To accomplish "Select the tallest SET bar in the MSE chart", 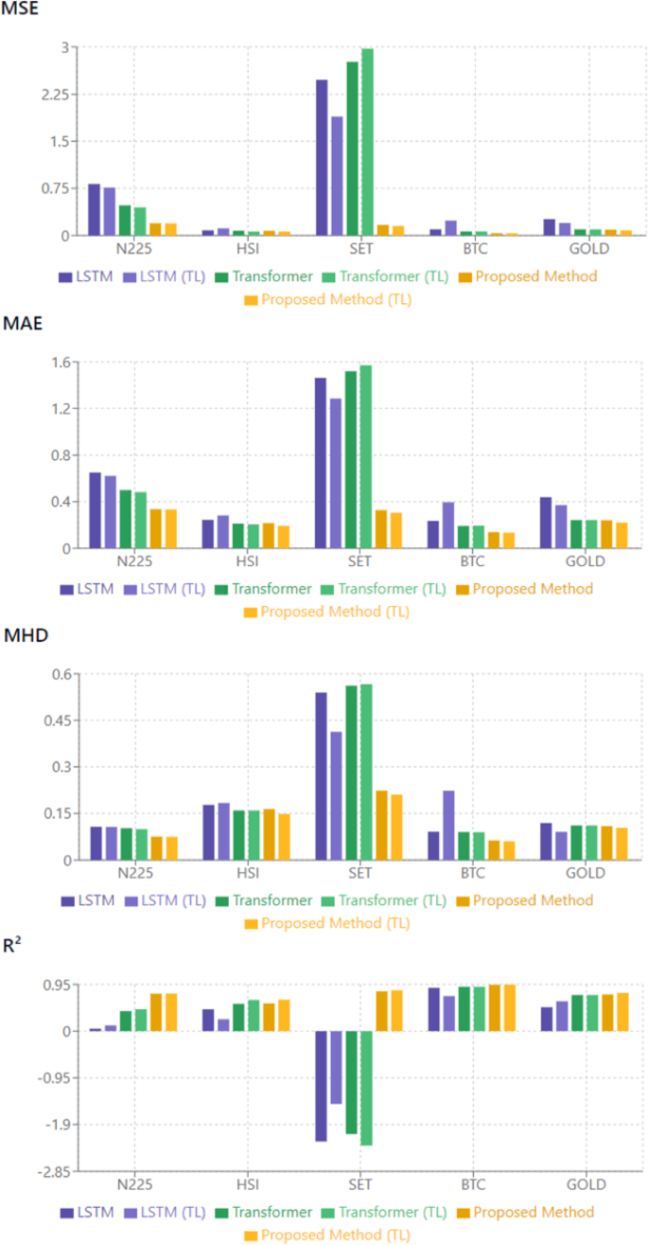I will pos(367,142).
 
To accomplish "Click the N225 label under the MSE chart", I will pos(133,250).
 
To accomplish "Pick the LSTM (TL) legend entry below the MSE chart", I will pos(171,276).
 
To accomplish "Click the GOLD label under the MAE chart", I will pos(586,562).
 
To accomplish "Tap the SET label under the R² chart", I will pos(359,1185).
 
